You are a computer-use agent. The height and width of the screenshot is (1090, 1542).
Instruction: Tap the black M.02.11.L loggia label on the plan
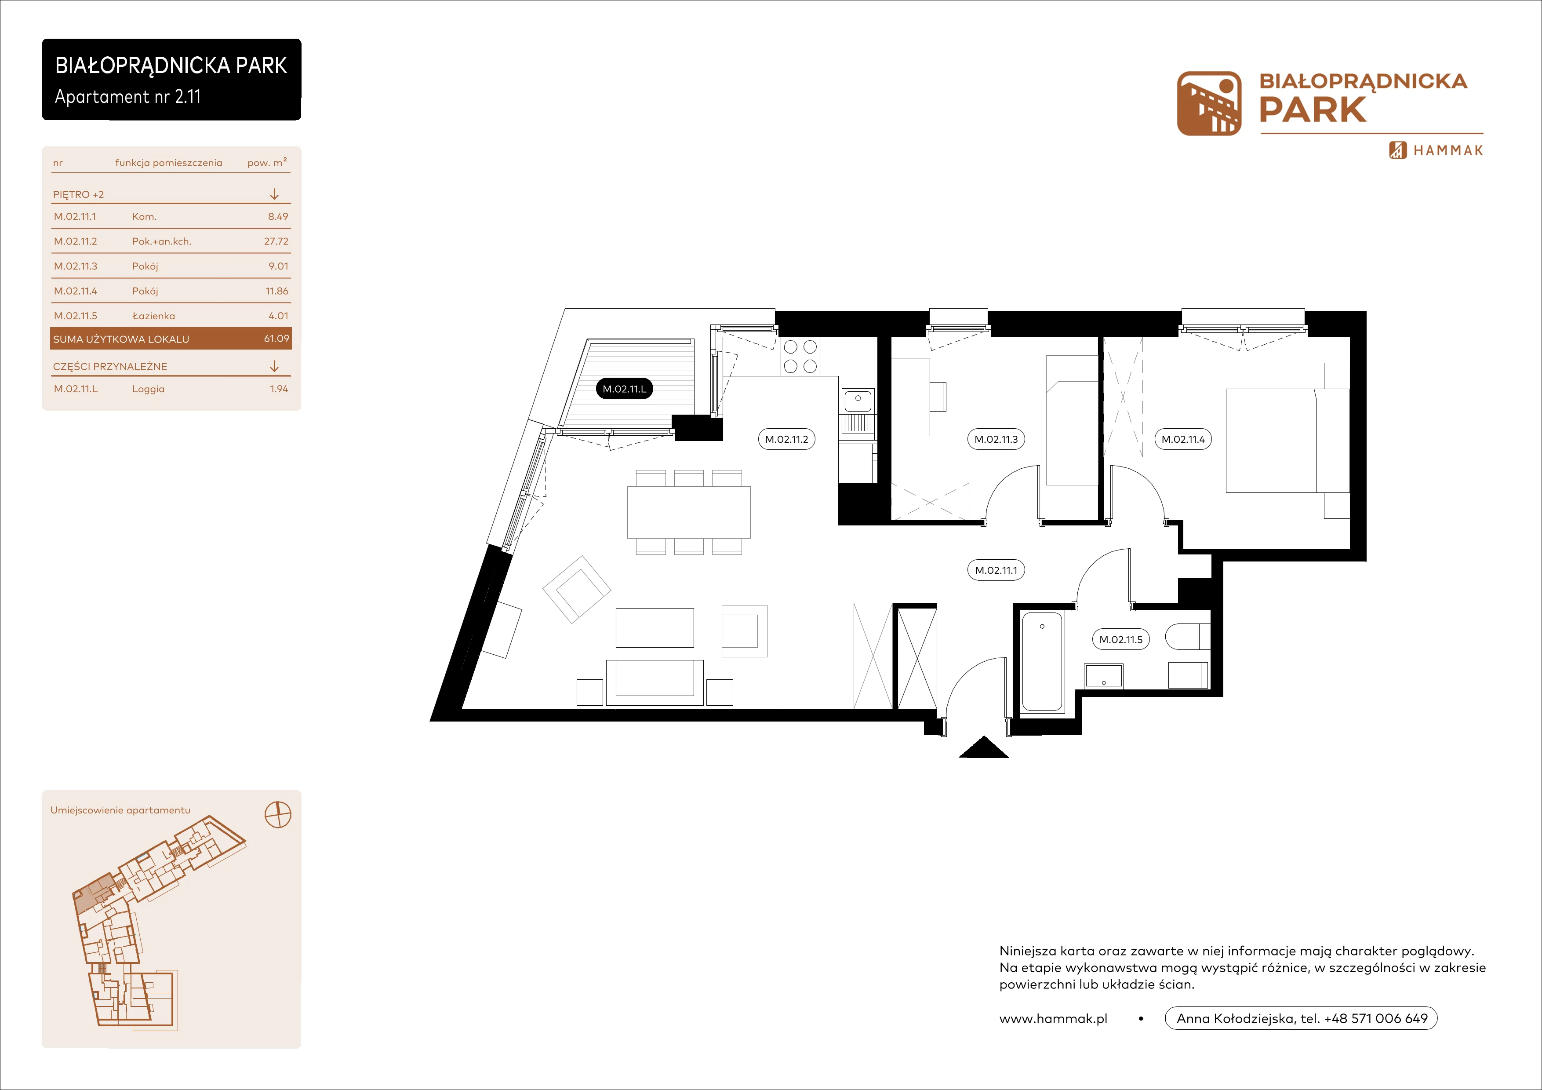(624, 389)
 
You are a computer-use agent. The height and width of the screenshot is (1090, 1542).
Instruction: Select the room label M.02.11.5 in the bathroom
(1121, 639)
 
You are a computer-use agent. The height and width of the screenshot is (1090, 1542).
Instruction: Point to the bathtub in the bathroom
(1042, 662)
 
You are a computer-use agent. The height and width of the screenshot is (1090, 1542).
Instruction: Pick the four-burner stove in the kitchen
(800, 357)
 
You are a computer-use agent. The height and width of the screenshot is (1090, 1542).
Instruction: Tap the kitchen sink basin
(858, 401)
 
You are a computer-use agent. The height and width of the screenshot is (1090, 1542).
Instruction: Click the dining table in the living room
(688, 512)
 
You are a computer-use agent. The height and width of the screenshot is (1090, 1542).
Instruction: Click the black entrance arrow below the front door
(984, 747)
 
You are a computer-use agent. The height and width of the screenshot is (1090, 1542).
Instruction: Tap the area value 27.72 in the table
(276, 241)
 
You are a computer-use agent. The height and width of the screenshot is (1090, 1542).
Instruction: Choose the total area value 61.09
(276, 339)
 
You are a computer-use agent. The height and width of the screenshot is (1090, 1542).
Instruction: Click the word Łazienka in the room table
(154, 316)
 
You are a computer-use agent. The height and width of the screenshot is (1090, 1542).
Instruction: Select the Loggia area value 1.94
(279, 389)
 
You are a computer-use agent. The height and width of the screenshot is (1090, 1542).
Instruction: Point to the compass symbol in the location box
(278, 815)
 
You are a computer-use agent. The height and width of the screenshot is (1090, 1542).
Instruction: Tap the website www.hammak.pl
(1053, 1019)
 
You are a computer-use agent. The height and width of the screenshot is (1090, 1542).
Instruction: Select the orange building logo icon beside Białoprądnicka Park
(1209, 103)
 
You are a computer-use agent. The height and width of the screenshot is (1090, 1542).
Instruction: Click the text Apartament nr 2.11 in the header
(127, 97)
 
